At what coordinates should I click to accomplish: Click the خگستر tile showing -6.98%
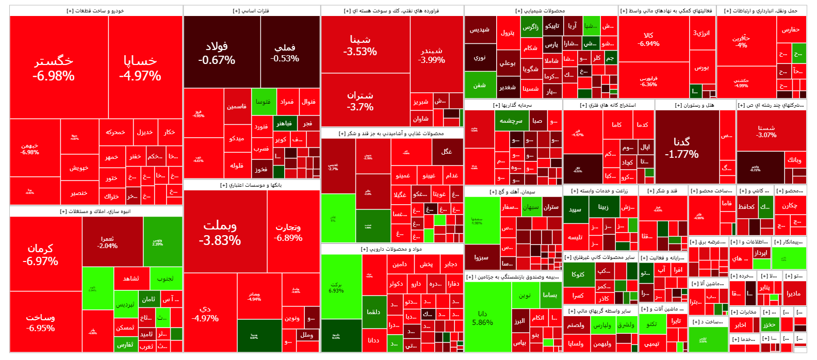pyautogui.click(x=54, y=68)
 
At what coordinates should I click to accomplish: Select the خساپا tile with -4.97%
pyautogui.click(x=140, y=68)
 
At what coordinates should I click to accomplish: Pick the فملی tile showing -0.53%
pyautogui.click(x=285, y=52)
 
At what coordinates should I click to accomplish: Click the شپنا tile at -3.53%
pyautogui.click(x=360, y=45)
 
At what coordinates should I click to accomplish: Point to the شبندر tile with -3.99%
pyautogui.click(x=432, y=55)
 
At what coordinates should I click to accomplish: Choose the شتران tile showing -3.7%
pyautogui.click(x=360, y=101)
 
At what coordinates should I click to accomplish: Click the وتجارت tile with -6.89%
pyautogui.click(x=288, y=232)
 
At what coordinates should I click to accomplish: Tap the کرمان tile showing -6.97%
pyautogui.click(x=40, y=254)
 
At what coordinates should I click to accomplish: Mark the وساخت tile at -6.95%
pyautogui.click(x=40, y=322)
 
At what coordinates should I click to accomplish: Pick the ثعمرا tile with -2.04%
pyautogui.click(x=107, y=242)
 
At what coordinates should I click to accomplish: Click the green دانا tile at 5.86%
pyautogui.click(x=483, y=318)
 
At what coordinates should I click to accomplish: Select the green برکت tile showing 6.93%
pyautogui.click(x=336, y=287)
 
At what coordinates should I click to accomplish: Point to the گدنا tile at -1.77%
pyautogui.click(x=682, y=148)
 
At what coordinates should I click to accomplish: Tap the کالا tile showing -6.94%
pyautogui.click(x=649, y=39)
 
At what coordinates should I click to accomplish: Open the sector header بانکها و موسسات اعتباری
pyautogui.click(x=251, y=185)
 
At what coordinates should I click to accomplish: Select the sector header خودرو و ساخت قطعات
pyautogui.click(x=95, y=10)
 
